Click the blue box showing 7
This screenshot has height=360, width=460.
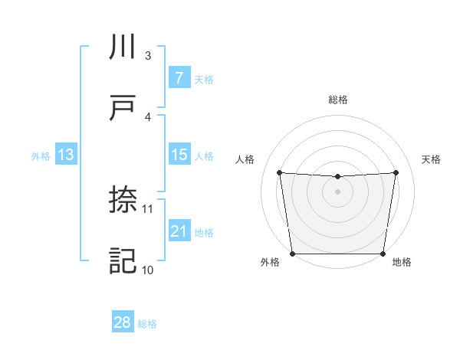click(x=179, y=77)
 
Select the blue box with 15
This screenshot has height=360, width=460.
click(x=179, y=155)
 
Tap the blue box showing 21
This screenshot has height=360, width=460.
click(x=179, y=231)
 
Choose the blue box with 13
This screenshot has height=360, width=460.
click(x=65, y=155)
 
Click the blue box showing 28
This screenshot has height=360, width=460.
click(x=122, y=322)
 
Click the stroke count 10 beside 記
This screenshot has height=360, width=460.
click(x=148, y=270)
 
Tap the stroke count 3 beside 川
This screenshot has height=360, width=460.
click(x=148, y=55)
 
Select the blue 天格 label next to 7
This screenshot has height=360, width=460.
click(x=204, y=79)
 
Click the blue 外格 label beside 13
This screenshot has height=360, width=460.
click(x=41, y=156)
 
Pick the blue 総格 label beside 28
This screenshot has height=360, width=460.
click(x=147, y=324)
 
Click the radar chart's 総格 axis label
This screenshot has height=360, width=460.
click(x=338, y=100)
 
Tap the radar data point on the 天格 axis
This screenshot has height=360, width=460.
click(x=396, y=172)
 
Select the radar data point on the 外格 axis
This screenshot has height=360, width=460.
click(x=293, y=254)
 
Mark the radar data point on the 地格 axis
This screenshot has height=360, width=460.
click(x=383, y=254)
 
